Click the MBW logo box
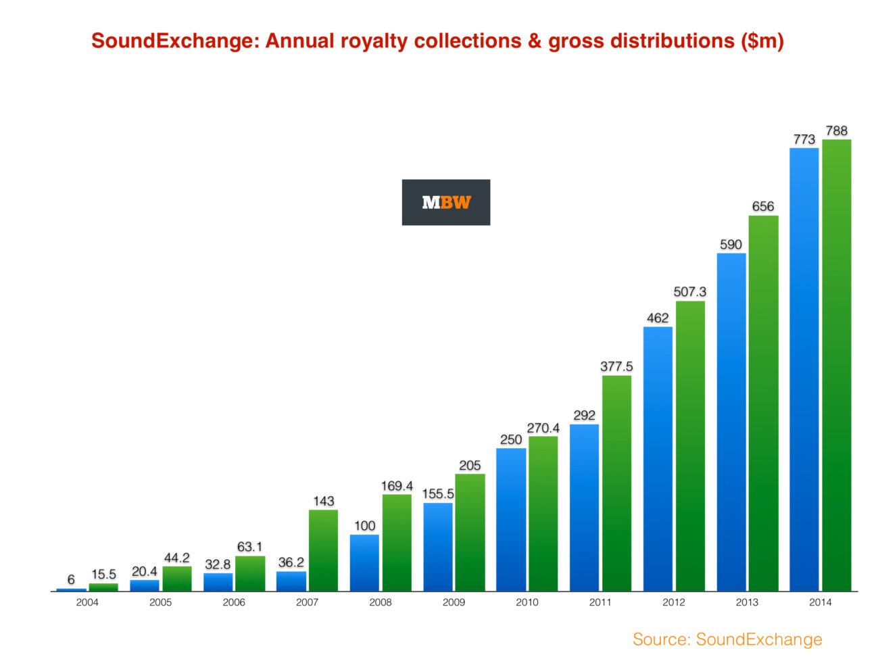(445, 202)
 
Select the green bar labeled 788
(836, 365)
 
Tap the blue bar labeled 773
(804, 369)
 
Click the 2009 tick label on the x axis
(454, 602)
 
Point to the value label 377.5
(616, 366)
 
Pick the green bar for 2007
(323, 550)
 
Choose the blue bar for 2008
(364, 563)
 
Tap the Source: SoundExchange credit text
(727, 639)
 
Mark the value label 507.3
(689, 291)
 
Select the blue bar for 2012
(658, 459)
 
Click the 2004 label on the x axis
(87, 602)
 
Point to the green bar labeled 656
(763, 403)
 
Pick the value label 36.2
(291, 562)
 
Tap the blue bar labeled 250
(511, 519)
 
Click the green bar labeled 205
(470, 533)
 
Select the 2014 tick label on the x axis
(820, 602)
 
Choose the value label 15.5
(103, 575)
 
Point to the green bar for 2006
(250, 573)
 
